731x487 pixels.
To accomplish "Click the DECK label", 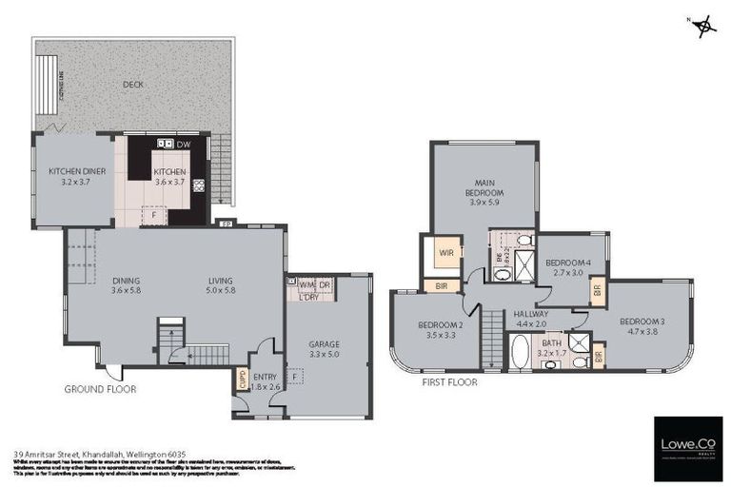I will tap(132, 85).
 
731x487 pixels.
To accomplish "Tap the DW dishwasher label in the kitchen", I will tap(183, 144).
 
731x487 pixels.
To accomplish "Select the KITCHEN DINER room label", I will tap(76, 177).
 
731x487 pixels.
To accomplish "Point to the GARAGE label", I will tap(324, 349).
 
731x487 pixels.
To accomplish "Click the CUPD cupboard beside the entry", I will tap(242, 378).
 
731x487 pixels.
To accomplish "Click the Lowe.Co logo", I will tap(687, 447).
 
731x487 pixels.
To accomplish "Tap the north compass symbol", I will tap(705, 26).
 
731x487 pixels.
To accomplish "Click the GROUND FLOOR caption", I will tap(100, 389).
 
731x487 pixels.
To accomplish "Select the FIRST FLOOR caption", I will tap(449, 381).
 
